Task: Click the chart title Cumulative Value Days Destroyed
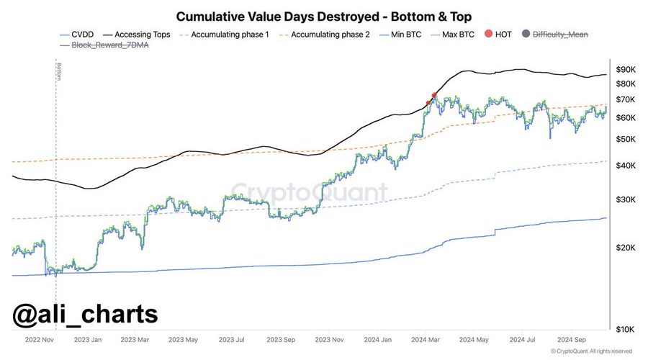coord(324,16)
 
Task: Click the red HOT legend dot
coord(490,34)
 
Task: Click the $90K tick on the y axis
coord(626,69)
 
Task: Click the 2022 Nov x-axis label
coord(40,338)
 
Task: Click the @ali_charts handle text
coord(85,315)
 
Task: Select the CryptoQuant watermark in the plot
coord(308,193)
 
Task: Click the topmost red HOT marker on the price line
coord(434,95)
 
